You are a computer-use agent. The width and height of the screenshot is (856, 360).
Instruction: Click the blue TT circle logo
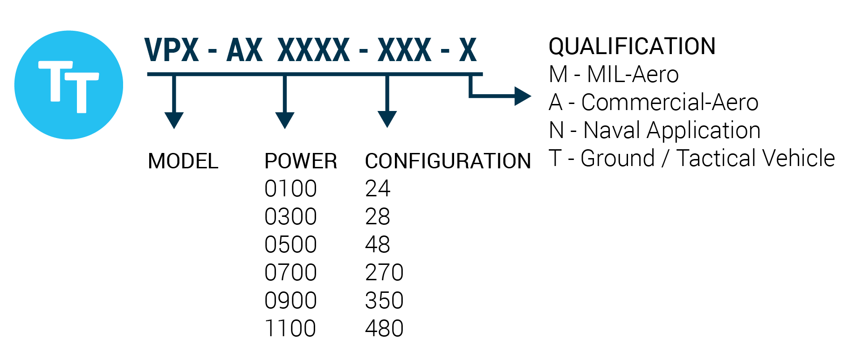tap(69, 85)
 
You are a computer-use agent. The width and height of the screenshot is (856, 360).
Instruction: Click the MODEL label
tap(183, 161)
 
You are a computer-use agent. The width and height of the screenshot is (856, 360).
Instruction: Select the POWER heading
tap(301, 161)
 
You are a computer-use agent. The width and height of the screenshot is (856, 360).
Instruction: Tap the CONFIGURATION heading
tap(448, 161)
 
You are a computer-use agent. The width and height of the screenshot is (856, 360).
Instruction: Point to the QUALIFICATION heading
tap(632, 46)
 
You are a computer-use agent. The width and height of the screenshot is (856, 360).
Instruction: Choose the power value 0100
tap(290, 189)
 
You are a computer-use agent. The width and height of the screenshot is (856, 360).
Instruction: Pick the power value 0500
tap(290, 245)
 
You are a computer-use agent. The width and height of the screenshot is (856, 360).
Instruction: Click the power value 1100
tap(290, 329)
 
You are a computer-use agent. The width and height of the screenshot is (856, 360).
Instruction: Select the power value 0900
tap(290, 301)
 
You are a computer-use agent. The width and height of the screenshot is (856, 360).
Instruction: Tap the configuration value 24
tap(377, 189)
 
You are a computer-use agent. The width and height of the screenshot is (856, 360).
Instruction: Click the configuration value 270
tap(384, 273)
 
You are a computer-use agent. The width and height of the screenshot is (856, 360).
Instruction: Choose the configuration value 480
tap(384, 329)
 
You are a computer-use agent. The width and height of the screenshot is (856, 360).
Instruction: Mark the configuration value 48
tap(377, 245)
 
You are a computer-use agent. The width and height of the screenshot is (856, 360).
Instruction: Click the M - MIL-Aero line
tap(614, 75)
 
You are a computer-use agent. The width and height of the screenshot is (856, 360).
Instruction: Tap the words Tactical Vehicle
tap(755, 159)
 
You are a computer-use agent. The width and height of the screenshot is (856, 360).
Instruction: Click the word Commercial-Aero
tap(670, 103)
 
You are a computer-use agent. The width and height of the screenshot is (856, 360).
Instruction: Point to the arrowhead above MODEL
tap(174, 120)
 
